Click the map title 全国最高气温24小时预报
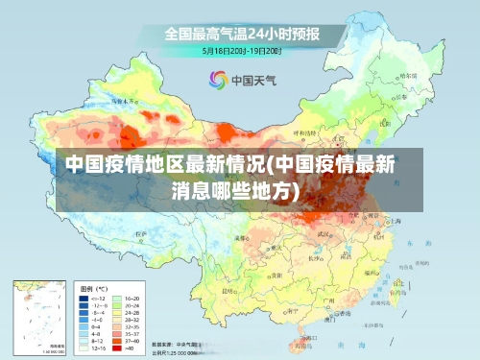(241, 34)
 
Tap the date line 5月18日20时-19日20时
(241, 49)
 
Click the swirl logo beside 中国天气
(218, 79)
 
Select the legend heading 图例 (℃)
(94, 288)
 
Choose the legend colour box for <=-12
(84, 299)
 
